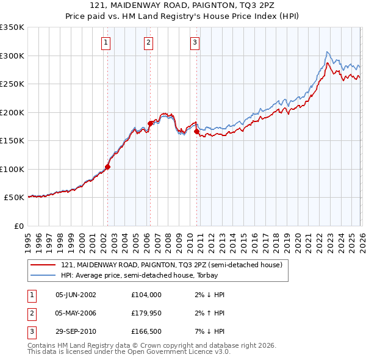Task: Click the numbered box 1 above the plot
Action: (x=106, y=43)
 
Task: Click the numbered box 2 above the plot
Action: (x=148, y=43)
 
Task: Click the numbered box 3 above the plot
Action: (x=195, y=43)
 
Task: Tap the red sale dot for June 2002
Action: (x=108, y=167)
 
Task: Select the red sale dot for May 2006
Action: (x=150, y=123)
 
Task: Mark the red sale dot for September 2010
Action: (x=196, y=131)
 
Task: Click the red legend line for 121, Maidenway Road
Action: (x=43, y=265)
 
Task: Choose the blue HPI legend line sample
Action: (x=43, y=276)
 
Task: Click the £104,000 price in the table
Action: (x=146, y=294)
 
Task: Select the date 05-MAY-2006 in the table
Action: (x=76, y=313)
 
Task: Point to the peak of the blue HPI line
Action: (x=328, y=52)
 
